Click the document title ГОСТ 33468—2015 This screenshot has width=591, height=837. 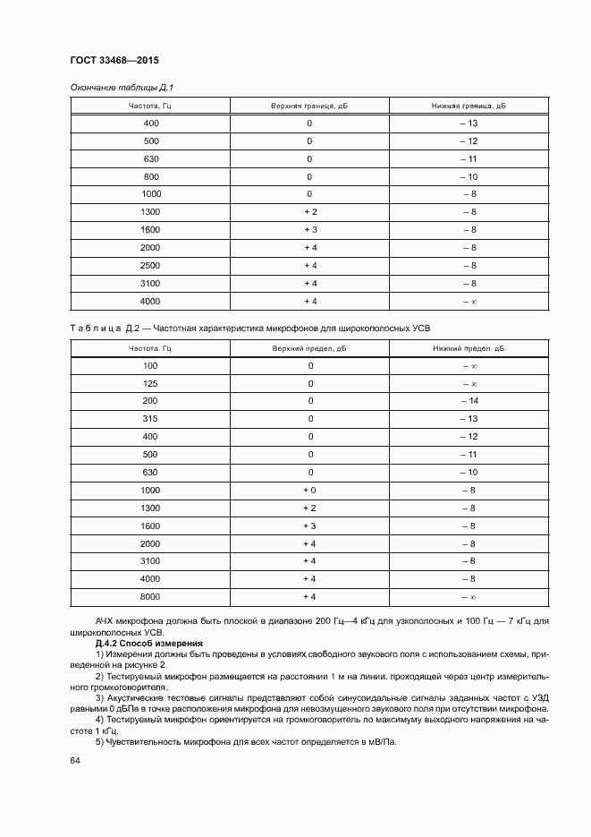point(114,61)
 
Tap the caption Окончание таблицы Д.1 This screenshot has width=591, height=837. point(121,88)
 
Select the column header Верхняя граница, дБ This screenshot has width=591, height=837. point(309,106)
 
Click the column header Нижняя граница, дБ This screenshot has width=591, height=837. point(469,106)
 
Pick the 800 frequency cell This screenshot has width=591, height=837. point(150,176)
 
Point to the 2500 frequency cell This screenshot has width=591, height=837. point(150,266)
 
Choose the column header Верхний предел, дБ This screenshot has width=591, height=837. point(309,347)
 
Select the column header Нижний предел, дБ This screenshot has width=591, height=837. point(469,347)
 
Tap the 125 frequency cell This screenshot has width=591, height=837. point(150,383)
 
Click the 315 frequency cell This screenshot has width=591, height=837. point(150,419)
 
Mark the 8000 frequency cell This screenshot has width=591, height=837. point(150,596)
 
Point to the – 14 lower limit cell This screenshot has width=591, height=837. point(469,401)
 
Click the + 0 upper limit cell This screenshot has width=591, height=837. point(309,490)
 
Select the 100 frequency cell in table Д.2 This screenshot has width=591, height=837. point(150,365)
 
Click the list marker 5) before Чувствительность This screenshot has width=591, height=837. point(99,742)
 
